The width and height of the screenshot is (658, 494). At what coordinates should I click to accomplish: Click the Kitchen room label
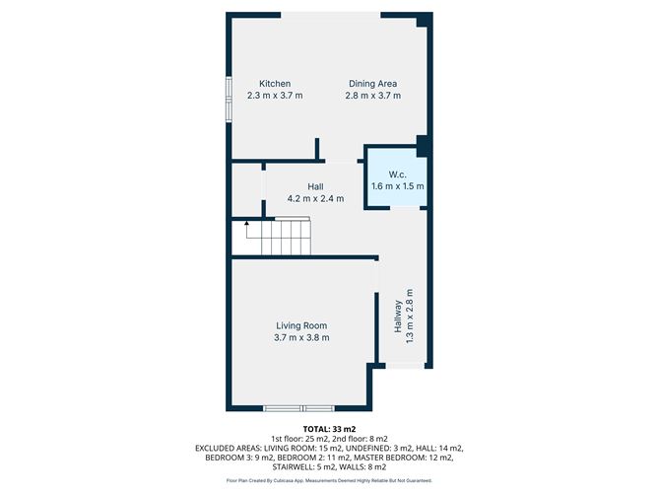(x=274, y=83)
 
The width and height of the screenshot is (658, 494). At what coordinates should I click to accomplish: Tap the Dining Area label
(x=373, y=83)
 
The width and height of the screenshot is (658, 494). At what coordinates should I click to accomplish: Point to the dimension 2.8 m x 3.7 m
(x=373, y=96)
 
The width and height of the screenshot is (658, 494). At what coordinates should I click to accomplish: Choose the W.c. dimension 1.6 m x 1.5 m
(x=397, y=185)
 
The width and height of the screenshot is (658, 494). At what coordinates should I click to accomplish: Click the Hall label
(x=315, y=186)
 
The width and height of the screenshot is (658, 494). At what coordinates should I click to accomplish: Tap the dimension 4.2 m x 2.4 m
(x=315, y=198)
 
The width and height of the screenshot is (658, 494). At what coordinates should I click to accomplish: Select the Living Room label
(x=300, y=325)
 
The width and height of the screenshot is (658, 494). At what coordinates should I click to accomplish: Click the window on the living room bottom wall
(x=299, y=407)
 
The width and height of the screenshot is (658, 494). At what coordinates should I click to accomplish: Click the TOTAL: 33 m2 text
(x=328, y=428)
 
